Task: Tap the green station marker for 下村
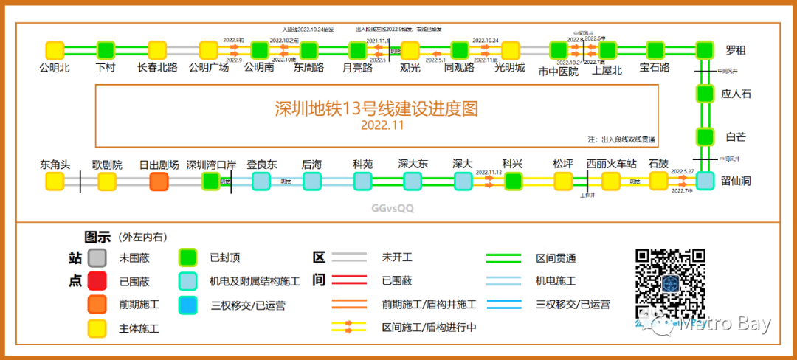[x=106, y=50]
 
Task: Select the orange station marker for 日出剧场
[x=159, y=181]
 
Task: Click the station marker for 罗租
[x=705, y=50]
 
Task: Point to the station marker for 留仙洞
[x=705, y=181]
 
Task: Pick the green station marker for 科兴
[x=513, y=181]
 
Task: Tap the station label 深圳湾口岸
[x=211, y=164]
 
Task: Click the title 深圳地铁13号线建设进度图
[x=376, y=108]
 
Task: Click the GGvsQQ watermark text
[x=393, y=208]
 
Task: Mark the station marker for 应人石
[x=705, y=94]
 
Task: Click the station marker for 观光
[x=410, y=50]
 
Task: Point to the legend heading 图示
[x=97, y=237]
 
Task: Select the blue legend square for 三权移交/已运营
[x=188, y=304]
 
